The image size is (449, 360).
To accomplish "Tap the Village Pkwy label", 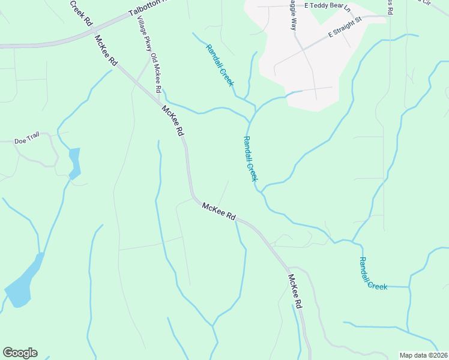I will (x=143, y=35).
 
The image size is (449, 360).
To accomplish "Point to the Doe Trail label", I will (x=27, y=142).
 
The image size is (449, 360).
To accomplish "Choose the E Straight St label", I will (x=345, y=28).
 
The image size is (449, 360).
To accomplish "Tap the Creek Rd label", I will (x=80, y=13).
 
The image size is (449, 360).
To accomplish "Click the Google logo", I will (x=20, y=353).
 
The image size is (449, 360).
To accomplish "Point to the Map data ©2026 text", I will (x=424, y=355).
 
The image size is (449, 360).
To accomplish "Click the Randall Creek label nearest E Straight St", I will (x=219, y=65).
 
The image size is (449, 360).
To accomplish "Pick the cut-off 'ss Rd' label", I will (x=390, y=7).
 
